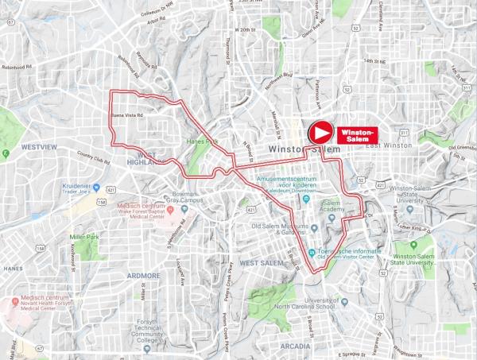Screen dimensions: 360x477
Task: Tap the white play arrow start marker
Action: tap(320, 132)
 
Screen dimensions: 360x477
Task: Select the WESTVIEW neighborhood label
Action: tap(39, 147)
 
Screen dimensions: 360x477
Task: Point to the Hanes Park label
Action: tap(201, 142)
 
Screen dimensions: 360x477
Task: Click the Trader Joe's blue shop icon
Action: tap(95, 188)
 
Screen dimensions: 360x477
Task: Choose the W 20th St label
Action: tap(247, 29)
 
